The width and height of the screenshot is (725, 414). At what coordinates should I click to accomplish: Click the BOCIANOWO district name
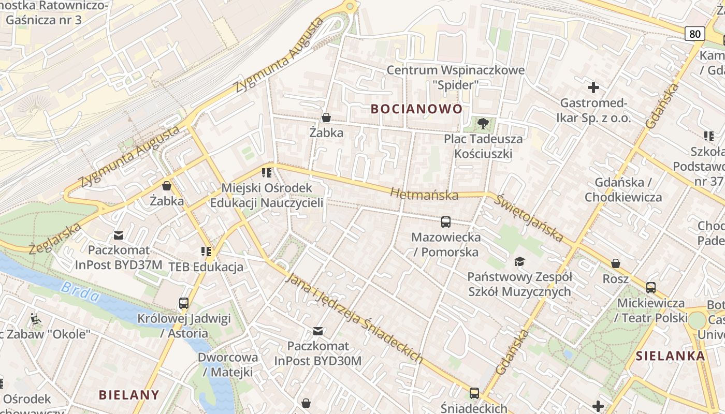coord(416,109)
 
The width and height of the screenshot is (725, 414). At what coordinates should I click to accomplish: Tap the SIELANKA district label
coord(670,356)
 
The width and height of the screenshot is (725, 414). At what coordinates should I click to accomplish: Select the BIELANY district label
coord(129,395)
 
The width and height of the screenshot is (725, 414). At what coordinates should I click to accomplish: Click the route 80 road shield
coord(694,34)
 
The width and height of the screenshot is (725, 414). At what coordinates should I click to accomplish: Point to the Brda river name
coord(80,291)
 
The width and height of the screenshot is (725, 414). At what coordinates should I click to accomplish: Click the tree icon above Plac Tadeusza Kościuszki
coord(483,123)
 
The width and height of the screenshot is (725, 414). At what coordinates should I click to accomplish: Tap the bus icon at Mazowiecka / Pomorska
coord(445,222)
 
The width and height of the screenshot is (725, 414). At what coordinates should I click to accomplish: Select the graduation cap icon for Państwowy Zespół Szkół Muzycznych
coord(519,261)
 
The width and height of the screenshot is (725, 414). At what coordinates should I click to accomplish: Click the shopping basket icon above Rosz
coord(616,263)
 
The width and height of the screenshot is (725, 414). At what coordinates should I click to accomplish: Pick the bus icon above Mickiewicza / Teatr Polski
coord(651,288)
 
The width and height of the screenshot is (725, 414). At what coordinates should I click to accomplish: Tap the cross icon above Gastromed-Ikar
coord(593,87)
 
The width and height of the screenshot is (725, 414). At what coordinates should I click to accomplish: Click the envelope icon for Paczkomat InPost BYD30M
coord(318,331)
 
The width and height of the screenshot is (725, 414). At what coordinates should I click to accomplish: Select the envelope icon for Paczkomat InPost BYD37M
coord(119,235)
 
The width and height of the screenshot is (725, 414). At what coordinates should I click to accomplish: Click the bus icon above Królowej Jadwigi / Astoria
coord(184,303)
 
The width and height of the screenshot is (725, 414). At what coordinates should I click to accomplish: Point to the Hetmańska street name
coord(424,194)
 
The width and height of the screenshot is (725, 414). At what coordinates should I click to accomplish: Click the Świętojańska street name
coord(528,218)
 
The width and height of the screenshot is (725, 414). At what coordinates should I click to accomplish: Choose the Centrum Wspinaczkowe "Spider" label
coord(456,77)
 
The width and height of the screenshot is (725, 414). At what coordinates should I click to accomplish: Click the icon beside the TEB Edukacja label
coord(206,252)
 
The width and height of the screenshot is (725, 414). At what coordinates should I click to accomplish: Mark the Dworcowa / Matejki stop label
coord(228,364)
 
